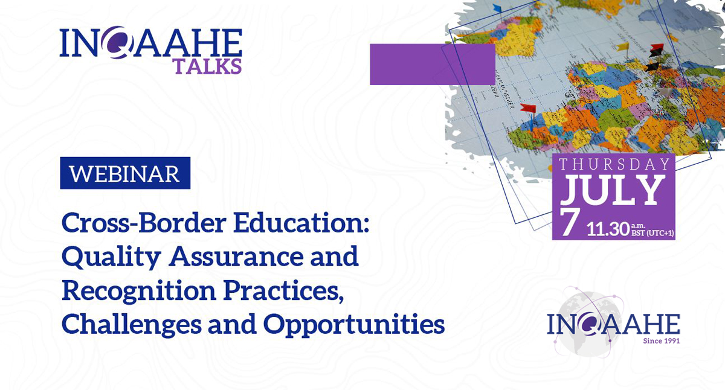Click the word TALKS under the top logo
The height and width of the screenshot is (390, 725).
point(208,66)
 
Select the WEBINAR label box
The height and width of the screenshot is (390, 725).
point(125,173)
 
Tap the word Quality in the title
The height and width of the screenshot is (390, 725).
point(111,257)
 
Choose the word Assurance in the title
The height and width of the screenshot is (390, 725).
point(236,257)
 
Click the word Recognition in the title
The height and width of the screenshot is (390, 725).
point(139,292)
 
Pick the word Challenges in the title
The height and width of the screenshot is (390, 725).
point(132,325)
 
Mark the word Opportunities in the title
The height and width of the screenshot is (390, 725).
point(354,325)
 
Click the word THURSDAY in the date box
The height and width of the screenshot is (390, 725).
point(614,164)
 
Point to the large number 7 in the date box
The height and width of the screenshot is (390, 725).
point(570,222)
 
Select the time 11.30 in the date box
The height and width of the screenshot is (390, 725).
point(608,229)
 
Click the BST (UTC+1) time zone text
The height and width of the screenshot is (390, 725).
point(652,233)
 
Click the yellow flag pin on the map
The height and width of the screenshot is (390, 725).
point(623,47)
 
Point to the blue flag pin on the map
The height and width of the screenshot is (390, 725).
point(497,8)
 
